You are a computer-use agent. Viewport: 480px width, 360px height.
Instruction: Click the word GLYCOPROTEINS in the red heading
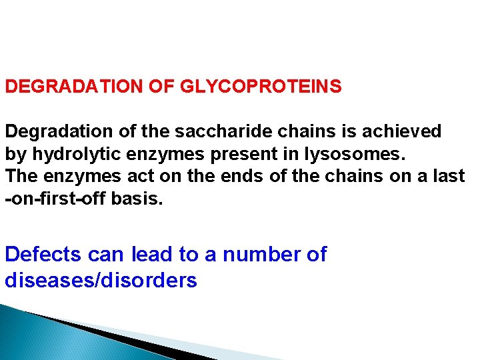pyautogui.click(x=261, y=87)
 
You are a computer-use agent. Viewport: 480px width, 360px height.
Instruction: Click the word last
pyautogui.click(x=449, y=177)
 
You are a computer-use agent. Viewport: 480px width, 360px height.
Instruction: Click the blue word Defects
pyautogui.click(x=43, y=255)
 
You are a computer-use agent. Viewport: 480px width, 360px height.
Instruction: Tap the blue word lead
pyautogui.click(x=153, y=255)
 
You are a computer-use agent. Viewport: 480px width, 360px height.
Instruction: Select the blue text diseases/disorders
pyautogui.click(x=101, y=281)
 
